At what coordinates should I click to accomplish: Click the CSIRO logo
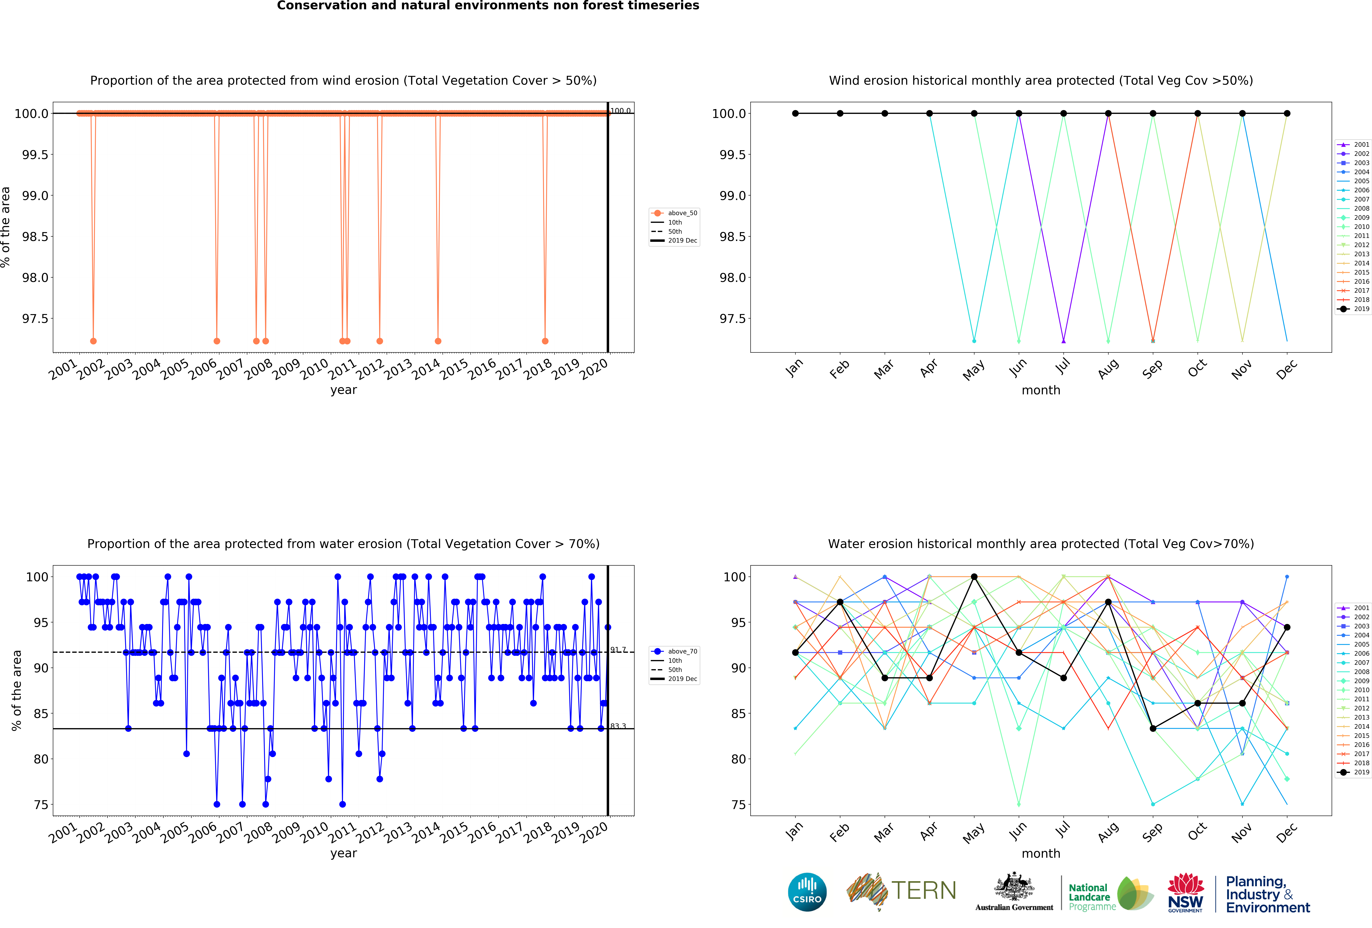[807, 892]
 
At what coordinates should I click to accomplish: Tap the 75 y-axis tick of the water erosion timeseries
[41, 805]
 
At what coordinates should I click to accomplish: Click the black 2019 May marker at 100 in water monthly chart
[974, 576]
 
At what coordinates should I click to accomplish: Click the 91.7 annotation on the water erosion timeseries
[618, 650]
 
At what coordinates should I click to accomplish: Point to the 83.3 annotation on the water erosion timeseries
[618, 726]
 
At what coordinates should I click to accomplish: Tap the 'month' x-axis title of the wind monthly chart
[1041, 390]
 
